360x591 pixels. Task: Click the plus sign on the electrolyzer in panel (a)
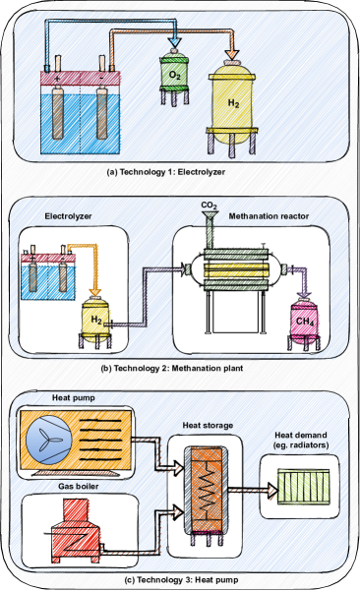coord(57,79)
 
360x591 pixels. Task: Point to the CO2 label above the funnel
coord(209,206)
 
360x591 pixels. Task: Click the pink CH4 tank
coord(304,323)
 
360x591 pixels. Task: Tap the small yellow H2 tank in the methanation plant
coord(95,321)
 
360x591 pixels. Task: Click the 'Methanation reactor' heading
coord(269,216)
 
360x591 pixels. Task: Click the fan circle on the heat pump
coord(49,440)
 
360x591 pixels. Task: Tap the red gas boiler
coord(77,531)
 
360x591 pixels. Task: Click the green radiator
coord(304,486)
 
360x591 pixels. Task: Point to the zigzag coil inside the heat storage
coord(206,491)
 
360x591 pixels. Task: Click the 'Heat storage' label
coord(208,426)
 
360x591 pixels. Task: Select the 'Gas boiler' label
coord(79,486)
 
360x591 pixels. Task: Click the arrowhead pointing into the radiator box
coord(273,490)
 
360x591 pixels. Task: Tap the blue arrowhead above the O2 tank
coord(174,41)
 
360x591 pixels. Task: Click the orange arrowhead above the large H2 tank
coord(232,53)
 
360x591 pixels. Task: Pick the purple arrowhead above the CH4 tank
coord(304,293)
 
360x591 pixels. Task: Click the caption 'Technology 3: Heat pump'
coord(181,580)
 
